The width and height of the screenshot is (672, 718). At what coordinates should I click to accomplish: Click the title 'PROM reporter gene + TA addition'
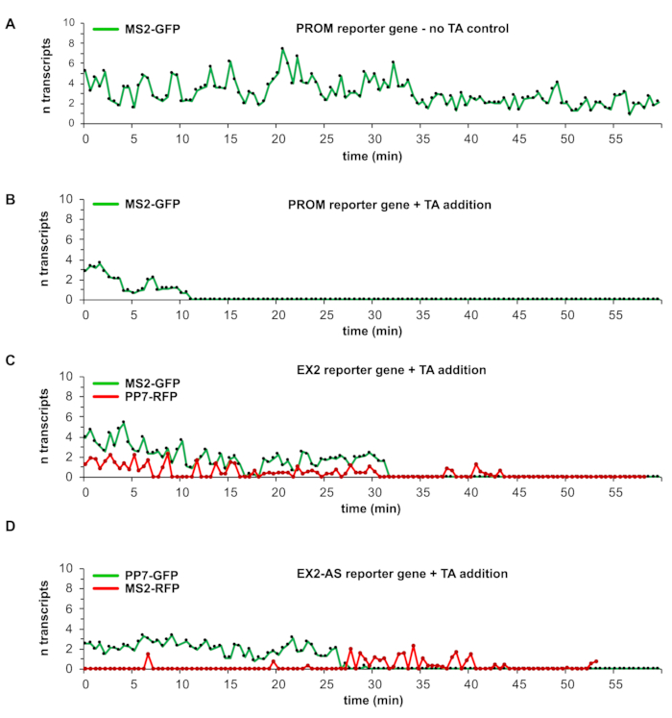point(396,205)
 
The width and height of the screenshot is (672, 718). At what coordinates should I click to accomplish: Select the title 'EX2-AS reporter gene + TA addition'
point(399,574)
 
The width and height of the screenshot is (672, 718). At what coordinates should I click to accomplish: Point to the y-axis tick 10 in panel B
point(71,200)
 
